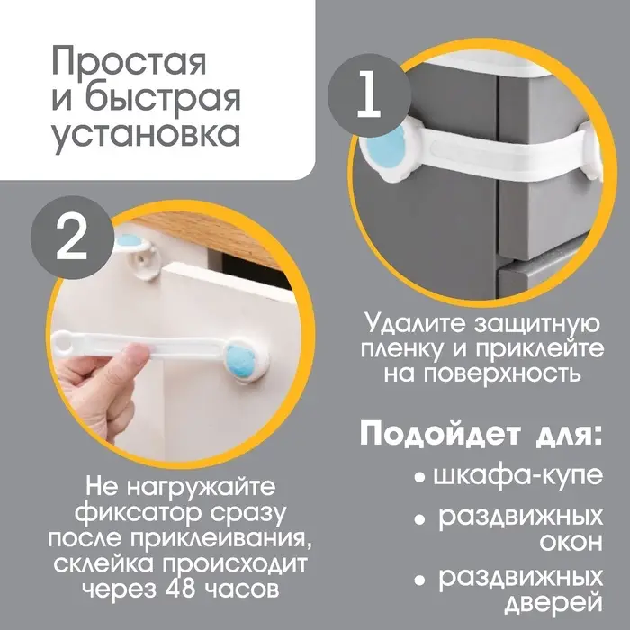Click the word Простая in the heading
[x=129, y=65]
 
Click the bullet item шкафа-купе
[x=517, y=475]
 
